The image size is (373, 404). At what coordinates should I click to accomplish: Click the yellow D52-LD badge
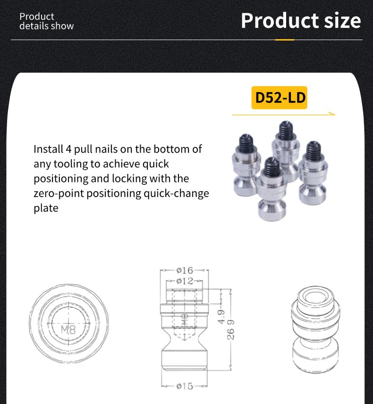click(279, 98)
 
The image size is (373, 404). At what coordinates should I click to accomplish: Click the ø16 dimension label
click(185, 270)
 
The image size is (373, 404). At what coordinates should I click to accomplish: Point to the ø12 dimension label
click(185, 281)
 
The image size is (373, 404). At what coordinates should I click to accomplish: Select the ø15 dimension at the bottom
click(185, 386)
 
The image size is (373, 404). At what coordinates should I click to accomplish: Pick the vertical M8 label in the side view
click(184, 322)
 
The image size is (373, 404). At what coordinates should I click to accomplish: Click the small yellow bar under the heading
click(284, 40)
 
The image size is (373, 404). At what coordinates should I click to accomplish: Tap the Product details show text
click(46, 21)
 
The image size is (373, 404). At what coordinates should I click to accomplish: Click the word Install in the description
click(47, 149)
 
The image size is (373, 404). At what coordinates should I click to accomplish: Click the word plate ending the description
click(46, 208)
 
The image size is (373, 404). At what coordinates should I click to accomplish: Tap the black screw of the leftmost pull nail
click(246, 141)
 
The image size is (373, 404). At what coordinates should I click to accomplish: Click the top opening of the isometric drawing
click(314, 296)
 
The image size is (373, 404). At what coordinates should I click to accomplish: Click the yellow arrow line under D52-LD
click(283, 114)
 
